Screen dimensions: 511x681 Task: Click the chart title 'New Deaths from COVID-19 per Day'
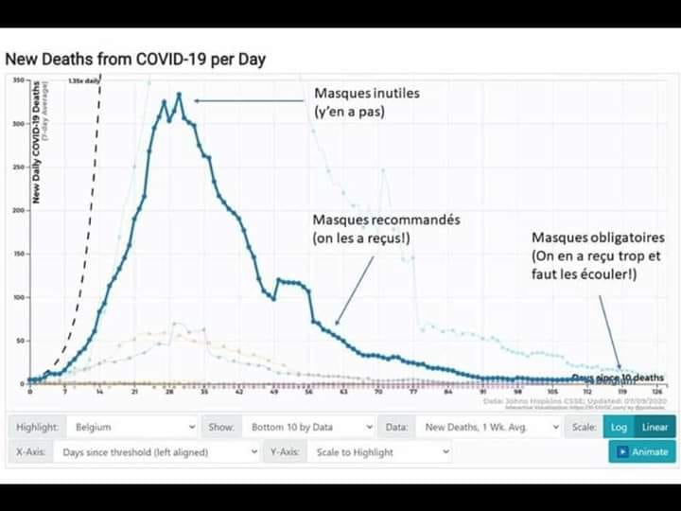coord(135,60)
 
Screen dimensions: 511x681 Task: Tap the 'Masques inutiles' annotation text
coord(367,95)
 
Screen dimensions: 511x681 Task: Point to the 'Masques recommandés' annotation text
coord(386,220)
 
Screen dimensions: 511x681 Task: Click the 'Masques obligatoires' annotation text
coord(598,238)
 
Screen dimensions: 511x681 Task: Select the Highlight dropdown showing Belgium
coord(131,427)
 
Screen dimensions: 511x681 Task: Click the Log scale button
coord(619,427)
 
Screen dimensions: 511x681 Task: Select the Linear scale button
coord(655,427)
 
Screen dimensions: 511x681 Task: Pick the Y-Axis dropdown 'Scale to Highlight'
coord(379,452)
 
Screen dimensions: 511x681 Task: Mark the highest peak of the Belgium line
coord(179,95)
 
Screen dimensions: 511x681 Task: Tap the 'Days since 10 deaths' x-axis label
coord(617,378)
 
